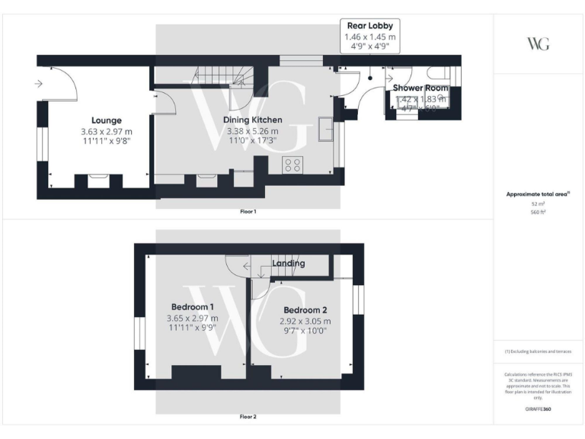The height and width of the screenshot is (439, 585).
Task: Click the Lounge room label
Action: pyautogui.click(x=107, y=120)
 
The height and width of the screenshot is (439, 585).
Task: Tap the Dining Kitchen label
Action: pyautogui.click(x=252, y=120)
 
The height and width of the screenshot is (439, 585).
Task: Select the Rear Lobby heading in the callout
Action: pyautogui.click(x=370, y=25)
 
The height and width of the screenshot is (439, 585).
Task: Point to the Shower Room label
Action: pyautogui.click(x=420, y=88)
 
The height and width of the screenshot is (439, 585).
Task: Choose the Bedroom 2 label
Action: pyautogui.click(x=305, y=310)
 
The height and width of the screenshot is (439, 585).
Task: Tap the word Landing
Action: pyautogui.click(x=289, y=264)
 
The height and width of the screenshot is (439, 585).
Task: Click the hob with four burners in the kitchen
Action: pyautogui.click(x=292, y=165)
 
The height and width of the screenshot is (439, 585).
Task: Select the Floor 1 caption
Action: pyautogui.click(x=248, y=211)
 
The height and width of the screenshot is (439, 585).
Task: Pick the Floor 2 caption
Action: pyautogui.click(x=248, y=417)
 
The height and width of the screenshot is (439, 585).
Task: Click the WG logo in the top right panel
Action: pyautogui.click(x=538, y=44)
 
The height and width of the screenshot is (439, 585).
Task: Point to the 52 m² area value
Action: pyautogui.click(x=538, y=203)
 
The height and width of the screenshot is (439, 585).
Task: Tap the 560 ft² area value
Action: pyautogui.click(x=538, y=213)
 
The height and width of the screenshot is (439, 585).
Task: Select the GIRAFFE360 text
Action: pyautogui.click(x=538, y=409)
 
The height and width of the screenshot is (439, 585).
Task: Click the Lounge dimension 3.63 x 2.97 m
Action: pyautogui.click(x=107, y=131)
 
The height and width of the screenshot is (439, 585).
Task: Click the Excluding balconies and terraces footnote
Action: pyautogui.click(x=538, y=351)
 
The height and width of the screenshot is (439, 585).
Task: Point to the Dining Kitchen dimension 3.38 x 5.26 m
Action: pyautogui.click(x=252, y=131)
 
